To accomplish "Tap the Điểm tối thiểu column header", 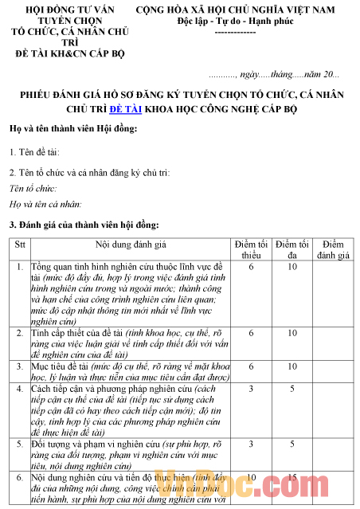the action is point(251,248).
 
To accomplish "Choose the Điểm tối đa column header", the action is point(292,248).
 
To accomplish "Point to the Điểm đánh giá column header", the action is point(334,248).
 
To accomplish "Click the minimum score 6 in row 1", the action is point(251,266).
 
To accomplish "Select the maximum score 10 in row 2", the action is point(292,332).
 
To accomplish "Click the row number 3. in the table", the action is point(19,366).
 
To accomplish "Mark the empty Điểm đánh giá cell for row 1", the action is point(334,292).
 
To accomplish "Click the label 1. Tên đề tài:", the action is point(35,151).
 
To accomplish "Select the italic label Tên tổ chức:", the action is point(33,188).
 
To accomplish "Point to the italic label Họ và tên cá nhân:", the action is point(45,204).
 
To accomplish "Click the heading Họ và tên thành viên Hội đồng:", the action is point(73,129).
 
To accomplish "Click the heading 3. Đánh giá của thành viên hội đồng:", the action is point(84,225).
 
